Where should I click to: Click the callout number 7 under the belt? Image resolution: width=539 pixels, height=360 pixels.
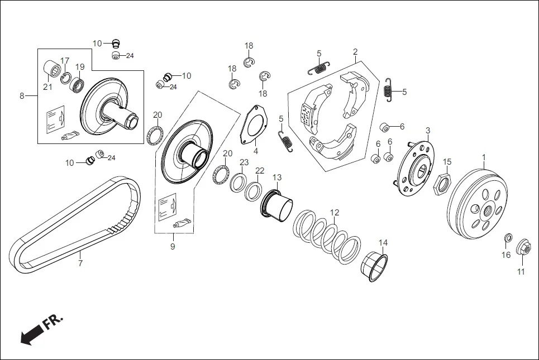[x=80, y=263]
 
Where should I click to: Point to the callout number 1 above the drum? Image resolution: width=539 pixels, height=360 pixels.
[x=484, y=157]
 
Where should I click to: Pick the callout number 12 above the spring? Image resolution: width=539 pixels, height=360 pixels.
[x=335, y=213]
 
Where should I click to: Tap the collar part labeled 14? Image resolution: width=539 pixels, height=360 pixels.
[x=375, y=267]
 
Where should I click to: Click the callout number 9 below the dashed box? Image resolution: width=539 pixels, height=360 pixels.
[x=173, y=246]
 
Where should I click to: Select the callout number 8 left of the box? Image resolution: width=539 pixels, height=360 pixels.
[x=22, y=96]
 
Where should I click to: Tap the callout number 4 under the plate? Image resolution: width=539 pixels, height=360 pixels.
[x=255, y=151]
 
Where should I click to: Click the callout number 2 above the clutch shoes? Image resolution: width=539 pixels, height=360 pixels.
[x=355, y=52]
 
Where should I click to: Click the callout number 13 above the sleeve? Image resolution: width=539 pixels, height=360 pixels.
[x=277, y=177]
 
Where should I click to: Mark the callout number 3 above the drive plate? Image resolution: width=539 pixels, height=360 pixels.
[x=428, y=131]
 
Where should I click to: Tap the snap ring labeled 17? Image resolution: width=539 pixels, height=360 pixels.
[x=66, y=78]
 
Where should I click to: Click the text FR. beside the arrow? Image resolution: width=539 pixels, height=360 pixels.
[x=53, y=323]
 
